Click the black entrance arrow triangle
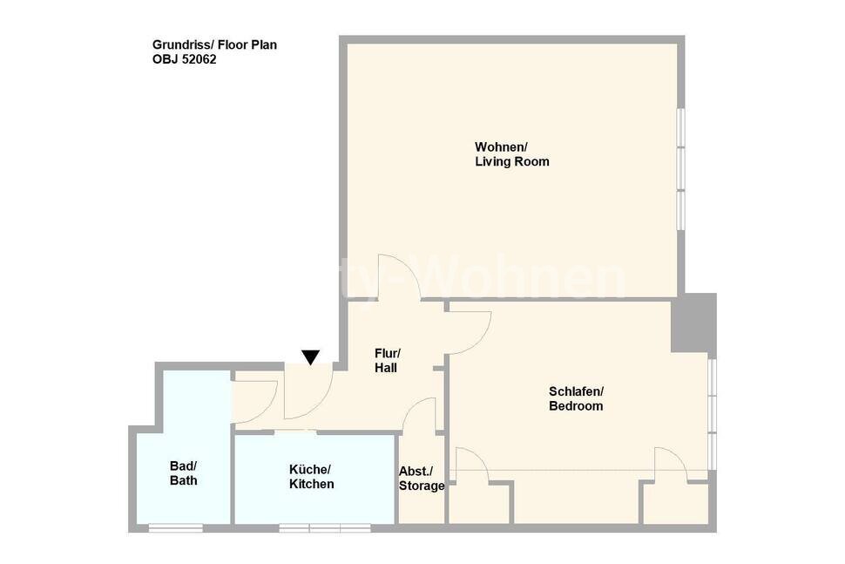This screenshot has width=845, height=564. point(310,357)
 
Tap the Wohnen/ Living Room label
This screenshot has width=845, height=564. point(511,154)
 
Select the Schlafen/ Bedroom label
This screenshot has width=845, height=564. point(575,398)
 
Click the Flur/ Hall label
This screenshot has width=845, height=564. point(386,361)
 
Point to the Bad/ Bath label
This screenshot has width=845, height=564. point(183,472)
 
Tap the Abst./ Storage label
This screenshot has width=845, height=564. point(422,479)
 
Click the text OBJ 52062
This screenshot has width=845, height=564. point(184,60)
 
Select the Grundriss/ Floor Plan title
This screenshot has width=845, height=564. point(214,44)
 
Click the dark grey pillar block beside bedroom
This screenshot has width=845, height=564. point(693,323)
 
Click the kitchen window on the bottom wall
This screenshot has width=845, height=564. point(325,527)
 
